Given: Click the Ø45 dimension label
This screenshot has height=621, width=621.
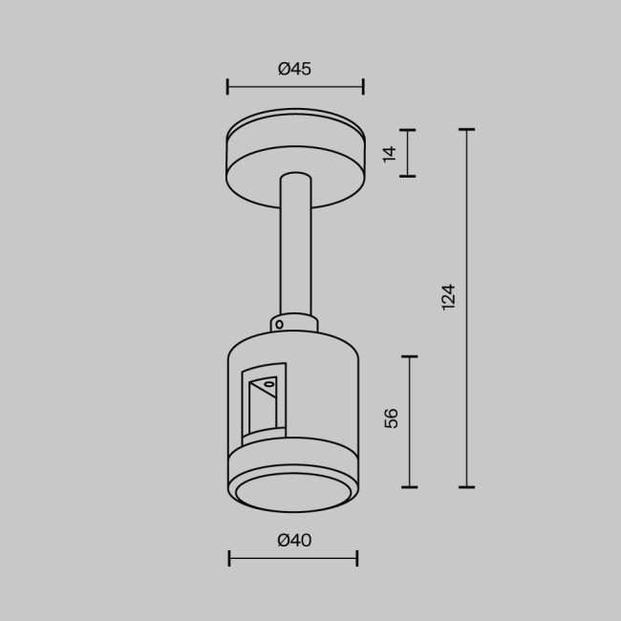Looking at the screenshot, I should pyautogui.click(x=294, y=69).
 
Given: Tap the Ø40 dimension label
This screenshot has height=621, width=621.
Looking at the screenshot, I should pyautogui.click(x=294, y=541).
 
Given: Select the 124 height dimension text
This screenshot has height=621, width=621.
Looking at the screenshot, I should pyautogui.click(x=448, y=296).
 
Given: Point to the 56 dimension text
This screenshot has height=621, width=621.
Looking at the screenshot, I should pyautogui.click(x=391, y=418).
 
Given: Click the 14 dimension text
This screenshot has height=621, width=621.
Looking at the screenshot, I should pyautogui.click(x=389, y=153).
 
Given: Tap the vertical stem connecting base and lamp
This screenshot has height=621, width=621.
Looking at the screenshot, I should pyautogui.click(x=294, y=248).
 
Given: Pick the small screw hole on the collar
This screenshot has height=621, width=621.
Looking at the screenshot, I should pyautogui.click(x=279, y=324).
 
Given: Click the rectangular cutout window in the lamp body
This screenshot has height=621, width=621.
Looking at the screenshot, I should pyautogui.click(x=263, y=401).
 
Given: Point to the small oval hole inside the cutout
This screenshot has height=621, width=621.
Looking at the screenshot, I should pyautogui.click(x=269, y=384).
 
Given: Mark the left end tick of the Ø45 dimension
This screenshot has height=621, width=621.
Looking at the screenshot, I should pyautogui.click(x=227, y=88).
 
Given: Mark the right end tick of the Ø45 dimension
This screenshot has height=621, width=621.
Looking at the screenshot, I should pyautogui.click(x=363, y=88).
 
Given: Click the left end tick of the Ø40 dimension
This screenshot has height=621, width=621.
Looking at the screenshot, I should pyautogui.click(x=229, y=558).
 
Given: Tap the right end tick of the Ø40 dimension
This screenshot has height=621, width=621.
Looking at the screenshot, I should pyautogui.click(x=357, y=558).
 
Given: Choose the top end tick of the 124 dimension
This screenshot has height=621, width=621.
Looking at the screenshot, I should pyautogui.click(x=466, y=129).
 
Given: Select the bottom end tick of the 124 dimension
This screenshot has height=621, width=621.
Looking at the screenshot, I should pyautogui.click(x=466, y=487).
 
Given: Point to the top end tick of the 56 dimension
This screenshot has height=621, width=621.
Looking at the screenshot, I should pyautogui.click(x=409, y=356).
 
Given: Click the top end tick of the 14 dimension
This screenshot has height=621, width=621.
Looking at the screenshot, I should pyautogui.click(x=408, y=130).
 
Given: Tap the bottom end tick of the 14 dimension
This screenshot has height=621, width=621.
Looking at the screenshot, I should pyautogui.click(x=408, y=176).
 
